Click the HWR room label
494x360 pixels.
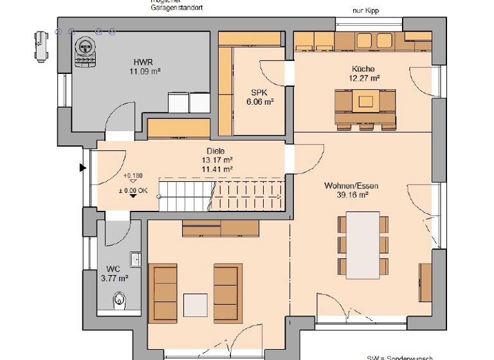(142, 62)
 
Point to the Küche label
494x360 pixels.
(363, 68)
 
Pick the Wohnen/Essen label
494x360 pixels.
(351, 186)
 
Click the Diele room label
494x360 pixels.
(215, 151)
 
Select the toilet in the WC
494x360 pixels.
(118, 299)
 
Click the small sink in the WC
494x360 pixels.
(135, 258)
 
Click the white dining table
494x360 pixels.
(363, 246)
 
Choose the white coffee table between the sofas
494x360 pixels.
(195, 304)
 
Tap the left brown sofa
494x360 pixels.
(165, 291)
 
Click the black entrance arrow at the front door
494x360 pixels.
(82, 168)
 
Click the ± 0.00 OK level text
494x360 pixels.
(133, 190)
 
